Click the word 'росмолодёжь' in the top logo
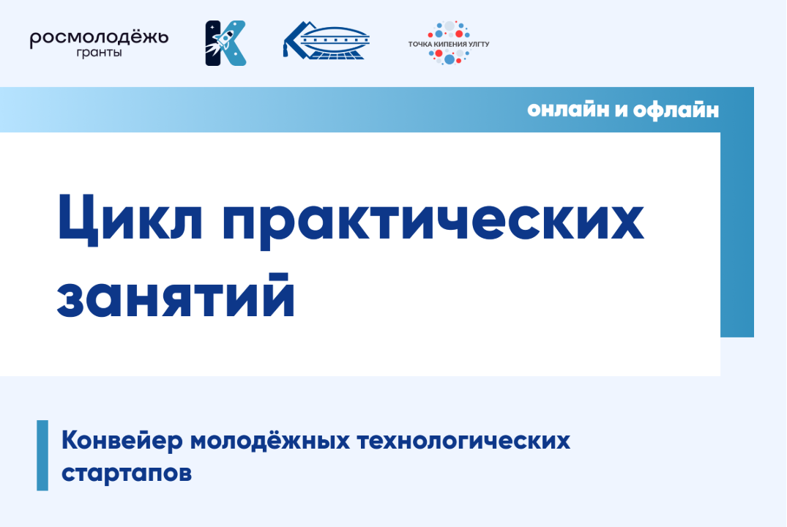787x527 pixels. tap(99, 37)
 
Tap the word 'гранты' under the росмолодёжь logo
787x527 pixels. tap(99, 53)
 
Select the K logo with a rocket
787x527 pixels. tap(225, 43)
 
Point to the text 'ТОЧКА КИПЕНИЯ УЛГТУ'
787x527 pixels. tap(449, 45)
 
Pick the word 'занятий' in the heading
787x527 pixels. tap(176, 297)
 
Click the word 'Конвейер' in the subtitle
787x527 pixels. tap(122, 441)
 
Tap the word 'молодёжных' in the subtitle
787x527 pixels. tap(272, 441)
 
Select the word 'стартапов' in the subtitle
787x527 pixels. tap(127, 473)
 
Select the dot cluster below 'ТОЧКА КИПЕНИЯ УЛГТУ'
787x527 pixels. tap(449, 56)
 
